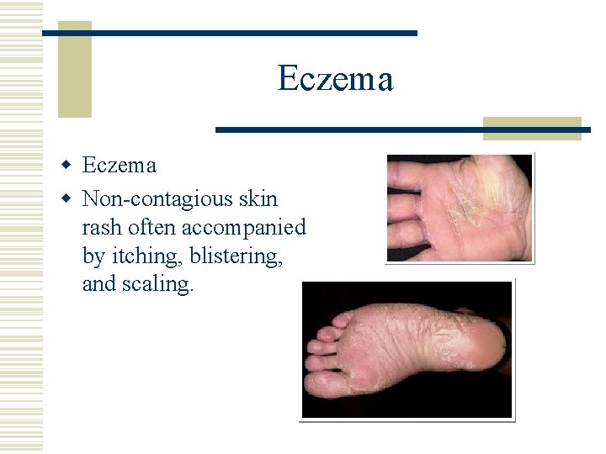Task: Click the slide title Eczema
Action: [335, 80]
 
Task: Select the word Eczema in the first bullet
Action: [119, 166]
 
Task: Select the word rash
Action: [99, 228]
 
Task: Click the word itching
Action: [143, 256]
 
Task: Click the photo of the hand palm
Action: [460, 208]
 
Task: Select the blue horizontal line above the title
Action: [230, 33]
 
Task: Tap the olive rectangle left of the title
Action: [74, 70]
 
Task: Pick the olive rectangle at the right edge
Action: [532, 127]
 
